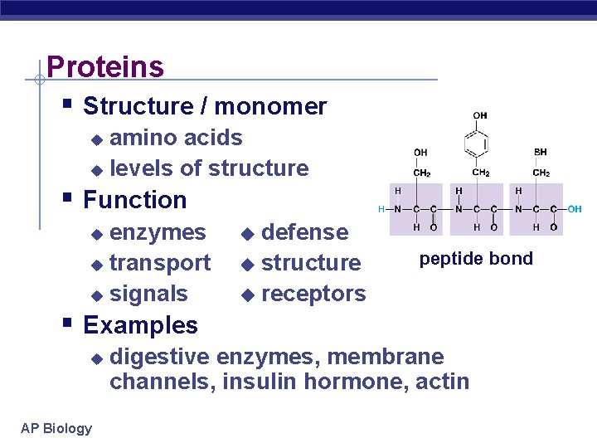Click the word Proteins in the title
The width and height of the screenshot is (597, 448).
[105, 66]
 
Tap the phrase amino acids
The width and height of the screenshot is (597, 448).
[176, 138]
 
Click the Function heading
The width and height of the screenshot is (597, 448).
[135, 200]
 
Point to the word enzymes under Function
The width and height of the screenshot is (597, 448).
[158, 232]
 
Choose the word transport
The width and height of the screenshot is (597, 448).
[160, 263]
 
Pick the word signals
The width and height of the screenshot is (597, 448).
[148, 294]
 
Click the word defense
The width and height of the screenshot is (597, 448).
[304, 232]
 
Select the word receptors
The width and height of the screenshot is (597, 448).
[313, 294]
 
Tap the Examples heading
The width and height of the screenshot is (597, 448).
[140, 325]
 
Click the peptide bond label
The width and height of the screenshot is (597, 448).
[476, 259]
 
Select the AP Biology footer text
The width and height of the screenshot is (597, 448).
[56, 428]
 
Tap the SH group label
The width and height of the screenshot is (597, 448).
[541, 152]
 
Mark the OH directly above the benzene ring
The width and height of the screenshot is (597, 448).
[480, 115]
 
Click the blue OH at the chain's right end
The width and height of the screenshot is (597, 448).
[574, 209]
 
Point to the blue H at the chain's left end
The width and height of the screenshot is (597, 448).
[381, 209]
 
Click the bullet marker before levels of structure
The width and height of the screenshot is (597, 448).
[96, 170]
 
